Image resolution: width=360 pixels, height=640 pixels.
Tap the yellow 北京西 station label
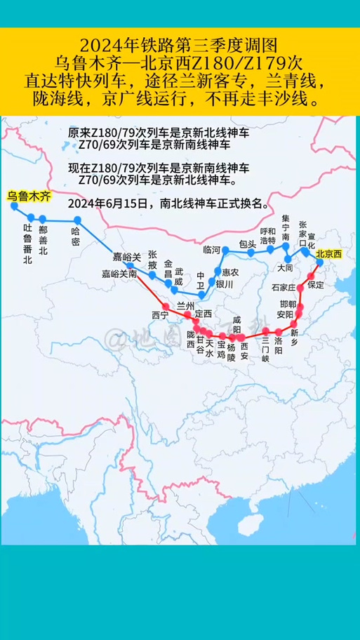(x=328, y=255)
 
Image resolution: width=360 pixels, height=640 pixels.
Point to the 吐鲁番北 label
(x=28, y=244)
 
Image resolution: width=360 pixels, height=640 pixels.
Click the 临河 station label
(x=211, y=250)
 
